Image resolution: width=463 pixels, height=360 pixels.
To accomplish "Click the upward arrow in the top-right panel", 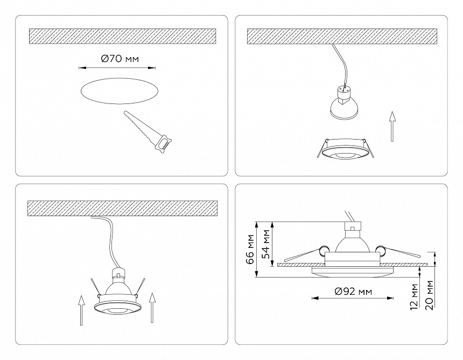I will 392,126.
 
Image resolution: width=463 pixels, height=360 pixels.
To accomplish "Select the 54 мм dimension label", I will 265,244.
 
